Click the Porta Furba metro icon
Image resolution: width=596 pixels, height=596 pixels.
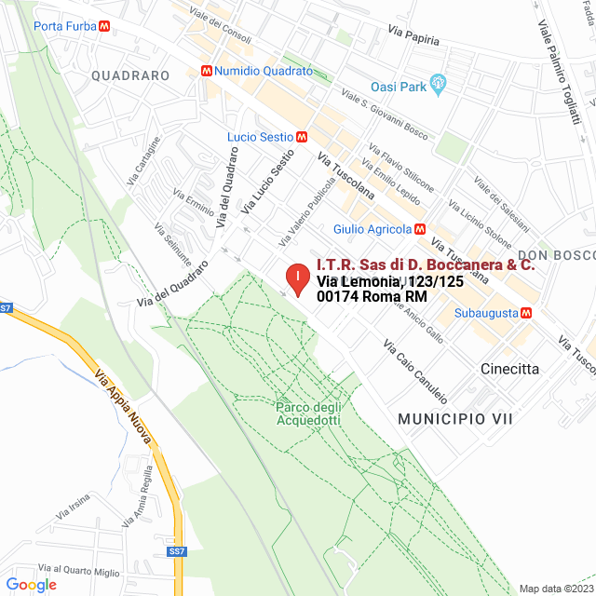click(107, 26)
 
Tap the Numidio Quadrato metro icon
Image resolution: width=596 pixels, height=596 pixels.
click(206, 70)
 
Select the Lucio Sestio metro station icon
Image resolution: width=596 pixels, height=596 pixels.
click(300, 137)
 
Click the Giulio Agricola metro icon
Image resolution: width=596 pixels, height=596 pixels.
click(420, 229)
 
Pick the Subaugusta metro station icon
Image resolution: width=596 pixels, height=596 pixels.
click(527, 313)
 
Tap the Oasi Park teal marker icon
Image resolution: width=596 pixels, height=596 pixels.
click(440, 87)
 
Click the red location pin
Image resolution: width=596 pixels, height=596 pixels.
click(296, 278)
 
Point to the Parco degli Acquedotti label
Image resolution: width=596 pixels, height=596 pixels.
click(308, 413)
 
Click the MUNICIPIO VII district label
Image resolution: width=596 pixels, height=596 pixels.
click(455, 420)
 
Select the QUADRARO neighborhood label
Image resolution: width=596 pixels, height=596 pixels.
click(130, 75)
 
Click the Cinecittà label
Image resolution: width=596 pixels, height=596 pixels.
click(509, 369)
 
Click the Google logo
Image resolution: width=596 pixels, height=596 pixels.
click(31, 585)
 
